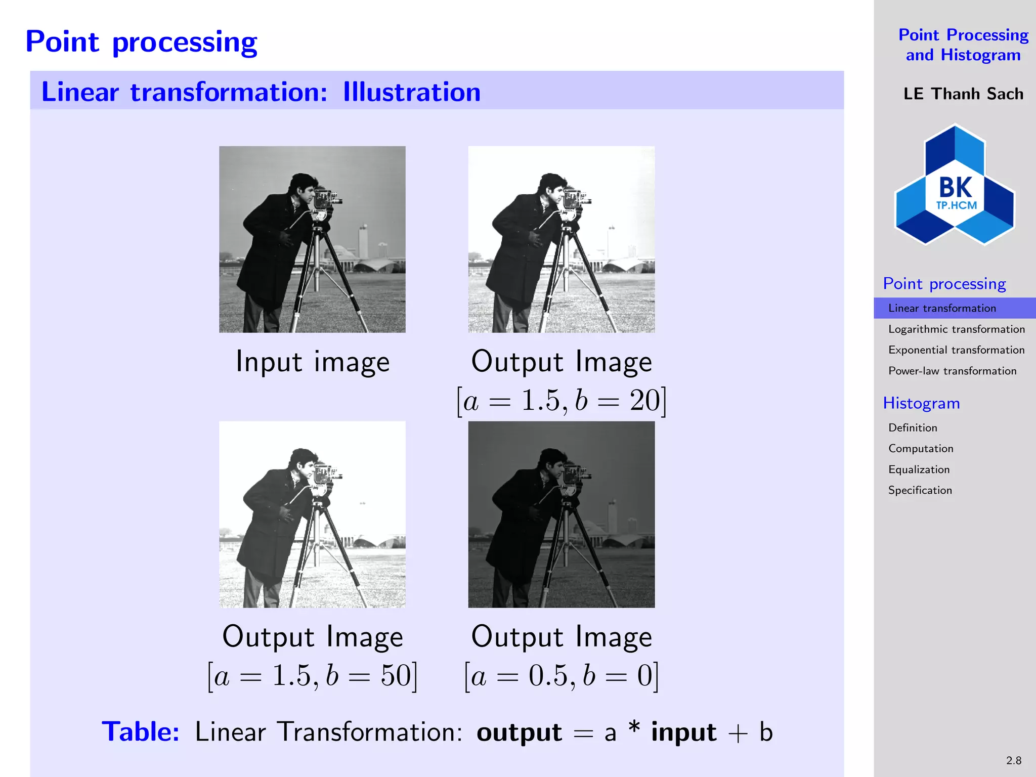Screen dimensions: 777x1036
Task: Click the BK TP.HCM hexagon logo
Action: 955,185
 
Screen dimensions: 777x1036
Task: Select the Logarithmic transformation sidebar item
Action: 956,329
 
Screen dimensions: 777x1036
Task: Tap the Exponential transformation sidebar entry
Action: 956,350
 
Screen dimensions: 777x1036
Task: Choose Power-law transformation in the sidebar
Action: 952,371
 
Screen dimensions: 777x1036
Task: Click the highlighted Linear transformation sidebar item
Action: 942,308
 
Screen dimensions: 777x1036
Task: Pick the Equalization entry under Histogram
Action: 919,469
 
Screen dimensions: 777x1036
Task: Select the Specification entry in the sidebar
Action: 920,490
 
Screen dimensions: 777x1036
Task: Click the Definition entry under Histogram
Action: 913,428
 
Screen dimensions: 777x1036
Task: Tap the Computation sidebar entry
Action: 921,449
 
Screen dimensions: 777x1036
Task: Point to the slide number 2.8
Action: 1013,760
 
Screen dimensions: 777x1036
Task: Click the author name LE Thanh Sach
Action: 963,94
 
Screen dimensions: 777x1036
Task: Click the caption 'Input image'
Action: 313,362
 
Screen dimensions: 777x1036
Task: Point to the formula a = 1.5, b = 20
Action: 562,401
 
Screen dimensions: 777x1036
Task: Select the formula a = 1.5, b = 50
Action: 313,676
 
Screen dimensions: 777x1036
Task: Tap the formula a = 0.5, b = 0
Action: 562,676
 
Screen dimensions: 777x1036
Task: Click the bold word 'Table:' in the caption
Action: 141,732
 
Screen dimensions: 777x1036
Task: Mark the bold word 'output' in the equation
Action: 519,732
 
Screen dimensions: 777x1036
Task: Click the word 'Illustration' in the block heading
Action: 412,92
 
